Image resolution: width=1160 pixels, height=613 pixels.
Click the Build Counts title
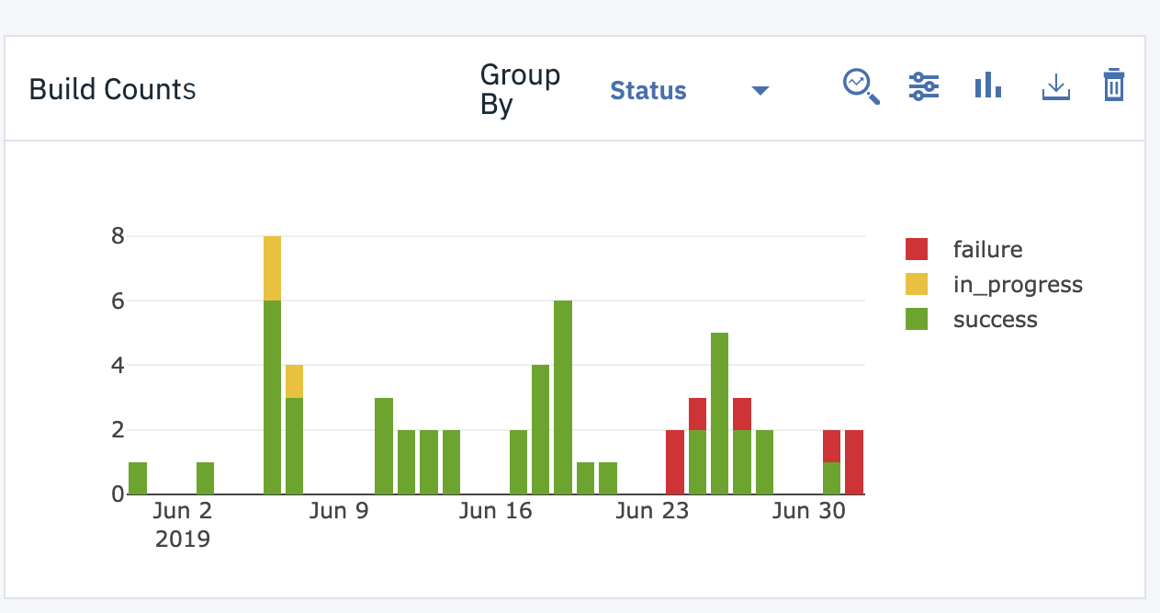(112, 90)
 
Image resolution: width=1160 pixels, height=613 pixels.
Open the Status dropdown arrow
(760, 90)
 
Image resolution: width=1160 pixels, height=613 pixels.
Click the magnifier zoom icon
(861, 87)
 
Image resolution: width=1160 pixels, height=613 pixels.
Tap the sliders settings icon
(923, 87)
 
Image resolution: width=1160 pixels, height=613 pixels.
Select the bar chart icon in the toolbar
(987, 87)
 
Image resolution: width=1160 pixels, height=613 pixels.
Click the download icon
(1056, 87)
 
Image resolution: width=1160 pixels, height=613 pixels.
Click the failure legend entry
(986, 249)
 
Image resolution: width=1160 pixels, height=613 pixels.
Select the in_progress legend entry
(1017, 285)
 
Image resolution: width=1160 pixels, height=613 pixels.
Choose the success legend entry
(995, 320)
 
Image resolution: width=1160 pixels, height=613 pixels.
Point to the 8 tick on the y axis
(117, 236)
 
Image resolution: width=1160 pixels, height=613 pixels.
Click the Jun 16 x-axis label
(496, 510)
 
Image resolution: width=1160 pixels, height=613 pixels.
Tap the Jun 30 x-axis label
(809, 510)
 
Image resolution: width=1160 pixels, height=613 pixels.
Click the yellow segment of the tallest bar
(272, 268)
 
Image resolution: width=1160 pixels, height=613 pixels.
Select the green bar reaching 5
(720, 414)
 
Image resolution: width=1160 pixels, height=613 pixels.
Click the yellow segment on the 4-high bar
(294, 381)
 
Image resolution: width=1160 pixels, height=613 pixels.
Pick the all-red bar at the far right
(854, 461)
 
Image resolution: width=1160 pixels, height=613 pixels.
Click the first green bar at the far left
(138, 478)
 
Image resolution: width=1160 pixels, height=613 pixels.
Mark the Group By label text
(519, 90)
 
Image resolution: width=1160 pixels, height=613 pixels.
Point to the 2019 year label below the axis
(183, 539)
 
